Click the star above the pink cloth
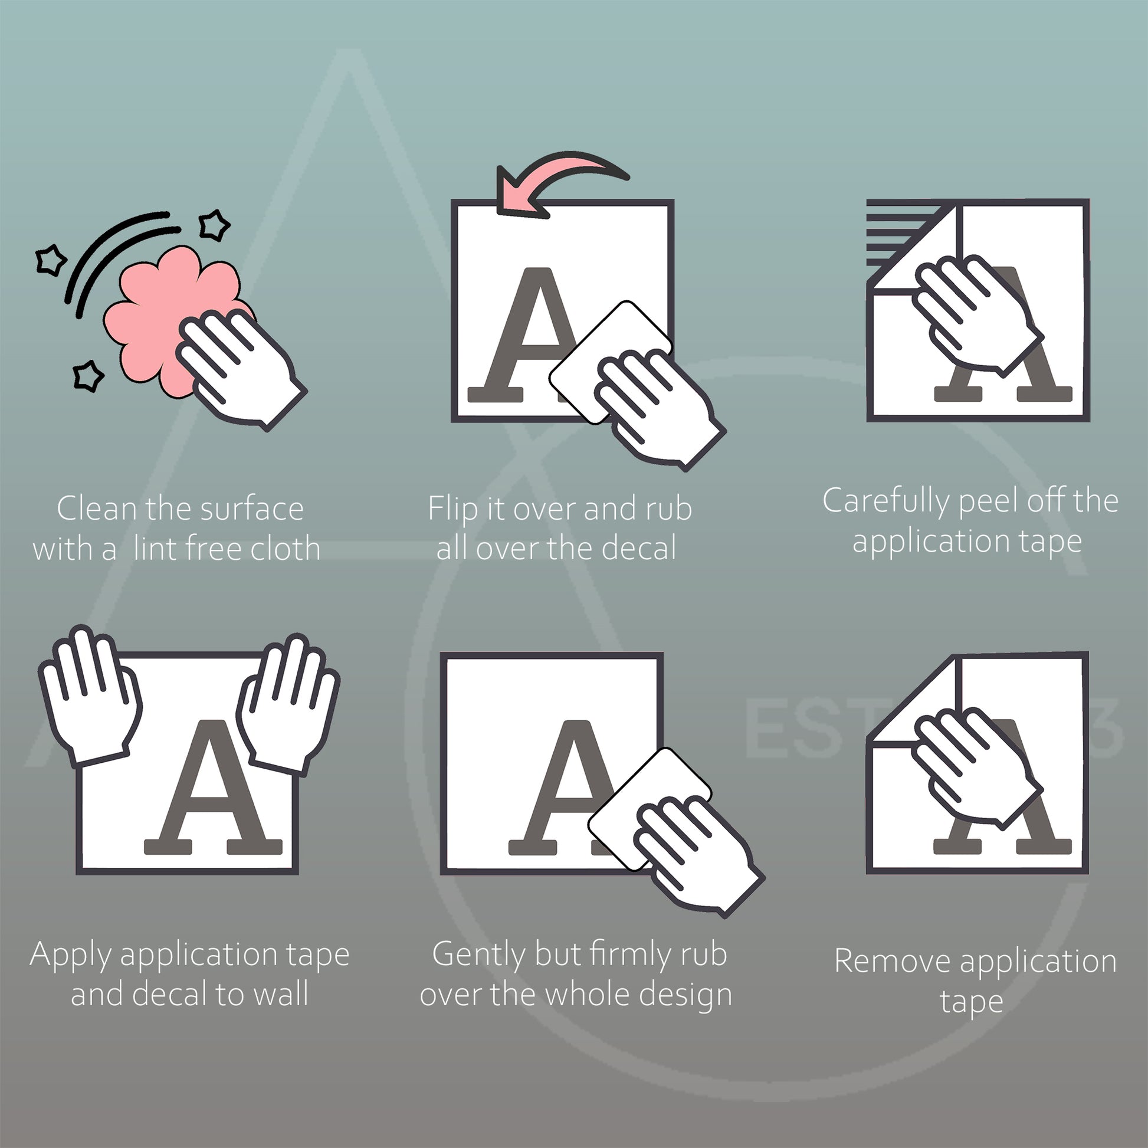(x=214, y=225)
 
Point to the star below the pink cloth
(x=87, y=376)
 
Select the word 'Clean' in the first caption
(x=97, y=509)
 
